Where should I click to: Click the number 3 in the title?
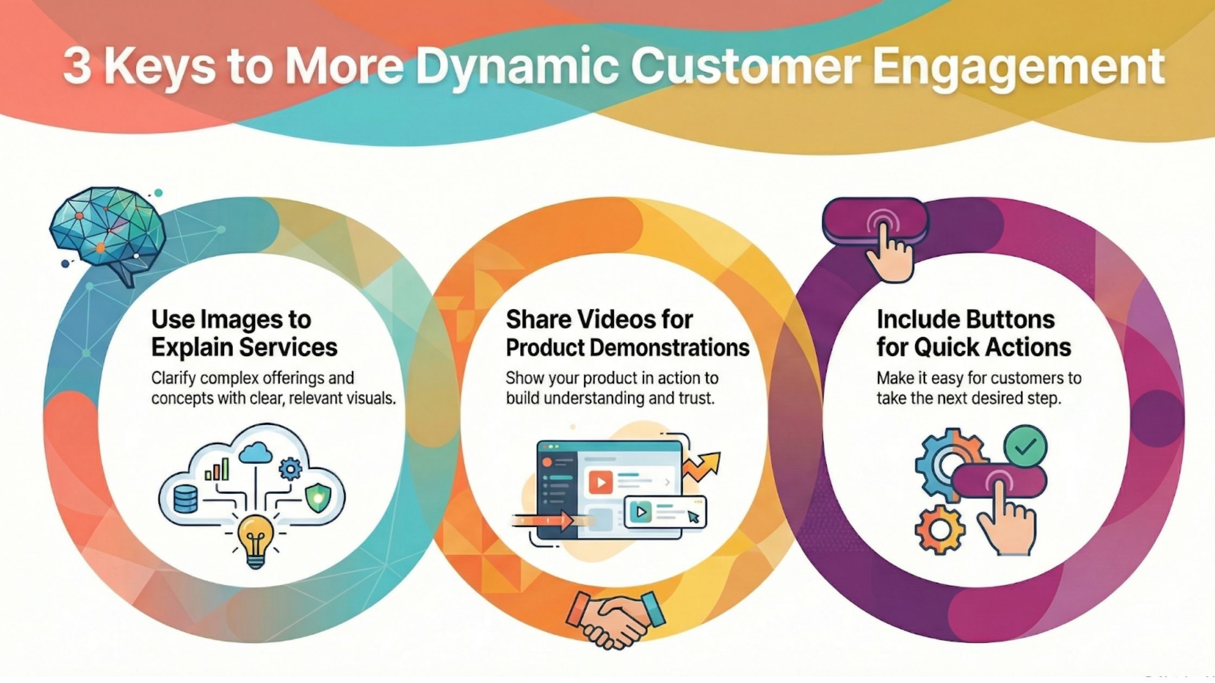tap(76, 68)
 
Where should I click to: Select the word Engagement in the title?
tap(1019, 68)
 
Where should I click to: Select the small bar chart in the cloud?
tap(216, 469)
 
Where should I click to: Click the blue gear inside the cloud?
tap(291, 468)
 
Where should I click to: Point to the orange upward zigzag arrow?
tap(701, 466)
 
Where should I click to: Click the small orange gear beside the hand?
tap(940, 529)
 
